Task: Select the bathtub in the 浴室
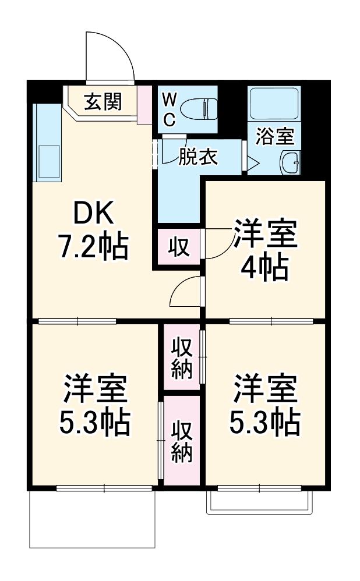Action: point(274,104)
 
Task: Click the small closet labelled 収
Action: point(179,247)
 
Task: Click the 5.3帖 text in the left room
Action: point(94,423)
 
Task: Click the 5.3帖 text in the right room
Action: point(266,423)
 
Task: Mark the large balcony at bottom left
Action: point(92,518)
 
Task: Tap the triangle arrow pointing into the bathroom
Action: point(253,162)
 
